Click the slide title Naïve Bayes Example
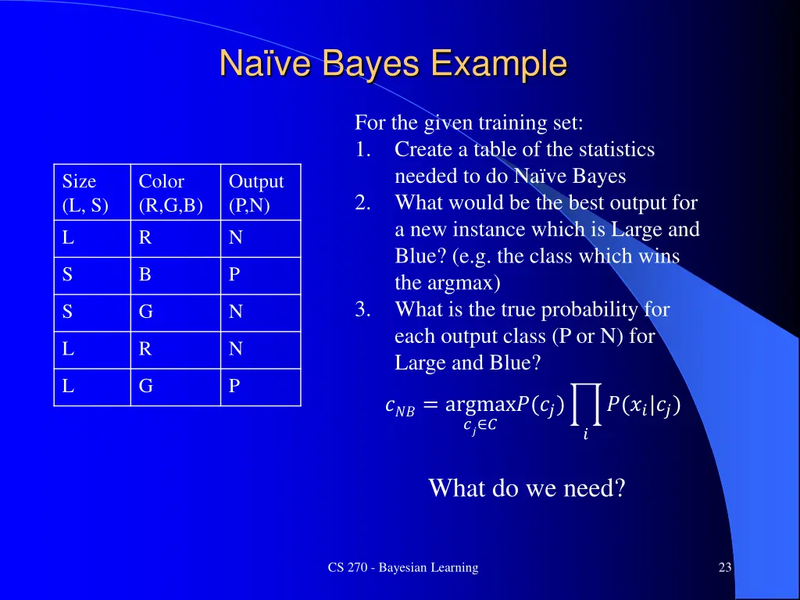click(x=393, y=64)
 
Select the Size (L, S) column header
click(x=85, y=193)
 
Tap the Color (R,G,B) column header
click(x=170, y=193)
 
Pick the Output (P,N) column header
click(x=256, y=193)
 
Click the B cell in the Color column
click(x=145, y=275)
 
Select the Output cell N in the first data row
click(x=235, y=238)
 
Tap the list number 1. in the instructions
click(x=363, y=149)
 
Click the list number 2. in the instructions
click(x=363, y=203)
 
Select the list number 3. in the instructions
click(x=363, y=309)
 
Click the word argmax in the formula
click(x=476, y=405)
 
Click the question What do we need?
click(x=527, y=488)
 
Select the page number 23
click(x=725, y=568)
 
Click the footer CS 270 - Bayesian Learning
click(x=403, y=568)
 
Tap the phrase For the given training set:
click(x=469, y=123)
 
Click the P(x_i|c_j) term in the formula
click(x=643, y=405)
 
